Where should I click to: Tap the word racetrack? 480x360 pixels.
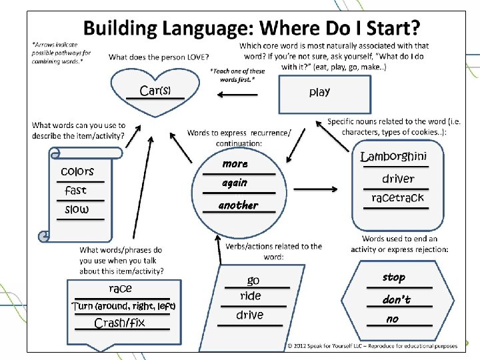tap(397, 198)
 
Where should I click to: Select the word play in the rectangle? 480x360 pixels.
tap(319, 92)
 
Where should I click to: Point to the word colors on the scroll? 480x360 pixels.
tap(77, 171)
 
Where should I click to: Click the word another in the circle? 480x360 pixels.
tap(238, 205)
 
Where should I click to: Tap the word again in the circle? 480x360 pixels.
tap(235, 183)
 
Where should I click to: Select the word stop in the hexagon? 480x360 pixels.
tap(393, 277)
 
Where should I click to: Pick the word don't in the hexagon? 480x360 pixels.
tap(396, 300)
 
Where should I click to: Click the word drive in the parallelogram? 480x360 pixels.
tap(250, 315)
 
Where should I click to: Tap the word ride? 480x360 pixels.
tap(251, 296)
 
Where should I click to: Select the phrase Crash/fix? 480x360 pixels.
tap(121, 323)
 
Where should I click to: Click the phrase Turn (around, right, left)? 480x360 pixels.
tap(123, 307)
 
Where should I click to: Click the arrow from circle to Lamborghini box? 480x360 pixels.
tap(315, 190)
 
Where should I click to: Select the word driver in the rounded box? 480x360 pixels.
tap(398, 179)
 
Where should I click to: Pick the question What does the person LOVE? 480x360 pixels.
tap(159, 57)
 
